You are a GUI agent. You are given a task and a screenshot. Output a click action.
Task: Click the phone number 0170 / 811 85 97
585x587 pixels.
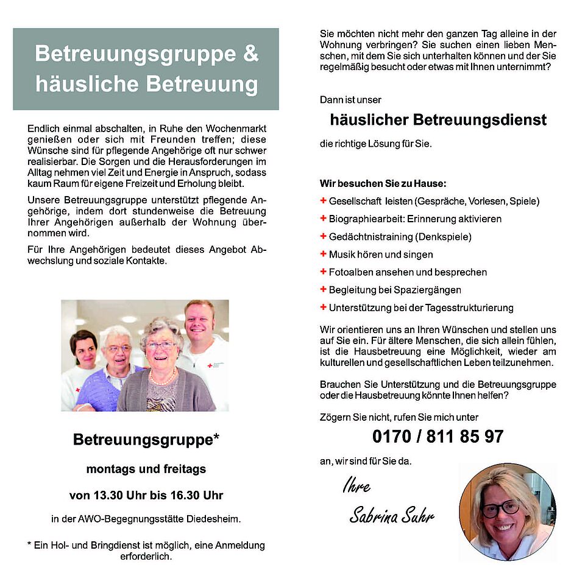(x=438, y=436)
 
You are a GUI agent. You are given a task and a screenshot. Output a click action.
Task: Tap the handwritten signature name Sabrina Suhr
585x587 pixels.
(x=392, y=517)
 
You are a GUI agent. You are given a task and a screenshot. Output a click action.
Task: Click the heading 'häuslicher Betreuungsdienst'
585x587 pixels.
(x=438, y=120)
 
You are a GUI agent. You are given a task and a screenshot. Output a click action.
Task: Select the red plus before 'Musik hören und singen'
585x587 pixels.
(x=323, y=254)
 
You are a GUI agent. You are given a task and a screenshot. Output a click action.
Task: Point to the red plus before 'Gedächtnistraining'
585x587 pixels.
(x=323, y=236)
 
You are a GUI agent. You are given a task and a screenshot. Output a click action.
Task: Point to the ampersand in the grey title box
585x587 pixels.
(x=250, y=54)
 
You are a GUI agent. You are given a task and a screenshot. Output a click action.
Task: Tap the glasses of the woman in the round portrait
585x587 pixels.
(x=500, y=507)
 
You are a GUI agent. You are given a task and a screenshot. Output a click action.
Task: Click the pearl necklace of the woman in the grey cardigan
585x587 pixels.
(x=162, y=378)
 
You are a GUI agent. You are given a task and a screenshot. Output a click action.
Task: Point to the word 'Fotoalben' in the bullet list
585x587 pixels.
(x=349, y=272)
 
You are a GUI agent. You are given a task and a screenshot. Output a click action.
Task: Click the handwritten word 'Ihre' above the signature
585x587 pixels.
(x=356, y=487)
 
